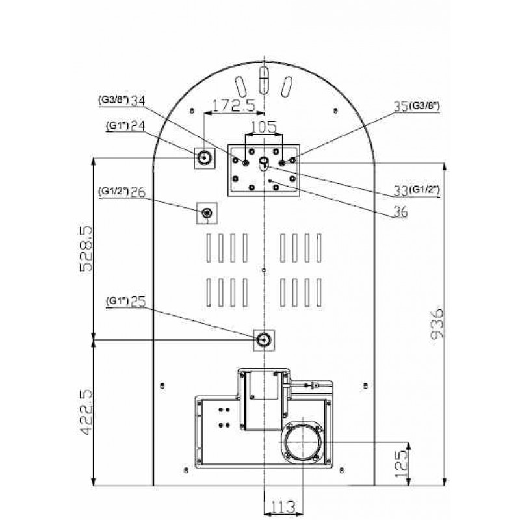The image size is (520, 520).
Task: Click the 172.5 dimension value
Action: (233, 105)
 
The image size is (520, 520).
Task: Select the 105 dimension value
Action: (264, 127)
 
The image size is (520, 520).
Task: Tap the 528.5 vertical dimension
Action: (86, 249)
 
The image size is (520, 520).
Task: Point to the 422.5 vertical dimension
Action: (86, 412)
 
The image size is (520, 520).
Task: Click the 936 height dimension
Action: (437, 323)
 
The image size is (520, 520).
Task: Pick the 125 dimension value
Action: (401, 464)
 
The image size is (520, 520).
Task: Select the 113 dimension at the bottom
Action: (283, 507)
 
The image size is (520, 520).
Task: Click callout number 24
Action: (138, 125)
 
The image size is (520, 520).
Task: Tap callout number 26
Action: (138, 192)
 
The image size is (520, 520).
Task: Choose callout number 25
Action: (138, 302)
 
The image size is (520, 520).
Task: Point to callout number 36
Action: (400, 212)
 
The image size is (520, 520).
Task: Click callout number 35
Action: (400, 107)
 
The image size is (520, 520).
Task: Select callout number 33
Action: (400, 190)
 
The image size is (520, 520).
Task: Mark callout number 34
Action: (138, 101)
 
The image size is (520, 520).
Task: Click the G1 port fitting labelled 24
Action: (204, 158)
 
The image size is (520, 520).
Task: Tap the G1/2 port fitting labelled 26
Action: (207, 213)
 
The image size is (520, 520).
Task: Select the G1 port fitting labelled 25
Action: (264, 339)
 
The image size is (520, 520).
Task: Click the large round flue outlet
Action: (302, 443)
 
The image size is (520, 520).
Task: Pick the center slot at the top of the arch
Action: (264, 80)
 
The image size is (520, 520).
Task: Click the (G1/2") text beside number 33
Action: (424, 190)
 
